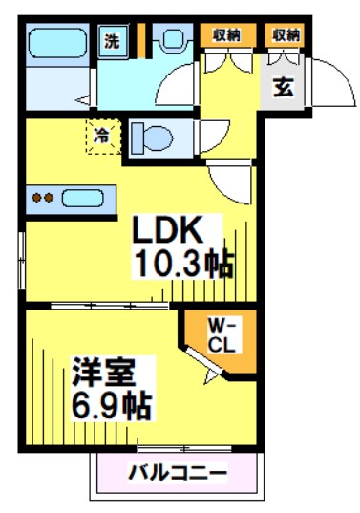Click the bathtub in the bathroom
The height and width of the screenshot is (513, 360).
[57, 43]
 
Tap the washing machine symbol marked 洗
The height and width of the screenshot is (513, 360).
[113, 41]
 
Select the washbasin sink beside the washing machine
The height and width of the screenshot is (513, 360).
[172, 38]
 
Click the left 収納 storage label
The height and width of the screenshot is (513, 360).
[227, 34]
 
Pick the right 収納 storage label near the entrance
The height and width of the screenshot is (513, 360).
[286, 34]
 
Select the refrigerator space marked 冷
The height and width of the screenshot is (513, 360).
[103, 136]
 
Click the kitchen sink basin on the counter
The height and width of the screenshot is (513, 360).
[83, 198]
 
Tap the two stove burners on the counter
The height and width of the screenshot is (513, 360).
[43, 198]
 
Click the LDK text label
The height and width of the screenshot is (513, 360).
[167, 230]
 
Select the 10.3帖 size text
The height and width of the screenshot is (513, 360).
[184, 264]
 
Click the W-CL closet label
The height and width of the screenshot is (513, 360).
[222, 335]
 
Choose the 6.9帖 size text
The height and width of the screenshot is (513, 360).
[111, 406]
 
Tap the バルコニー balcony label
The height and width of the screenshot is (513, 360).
[178, 473]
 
